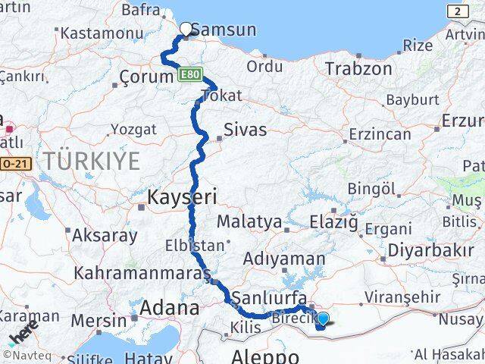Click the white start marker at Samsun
click(x=186, y=30)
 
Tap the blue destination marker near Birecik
click(x=323, y=320)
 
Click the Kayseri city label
click(x=182, y=198)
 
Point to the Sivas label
click(x=246, y=130)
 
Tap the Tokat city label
click(x=221, y=96)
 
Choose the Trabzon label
click(x=358, y=69)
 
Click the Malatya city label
click(x=249, y=222)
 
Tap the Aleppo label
click(x=264, y=356)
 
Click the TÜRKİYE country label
click(x=92, y=161)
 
